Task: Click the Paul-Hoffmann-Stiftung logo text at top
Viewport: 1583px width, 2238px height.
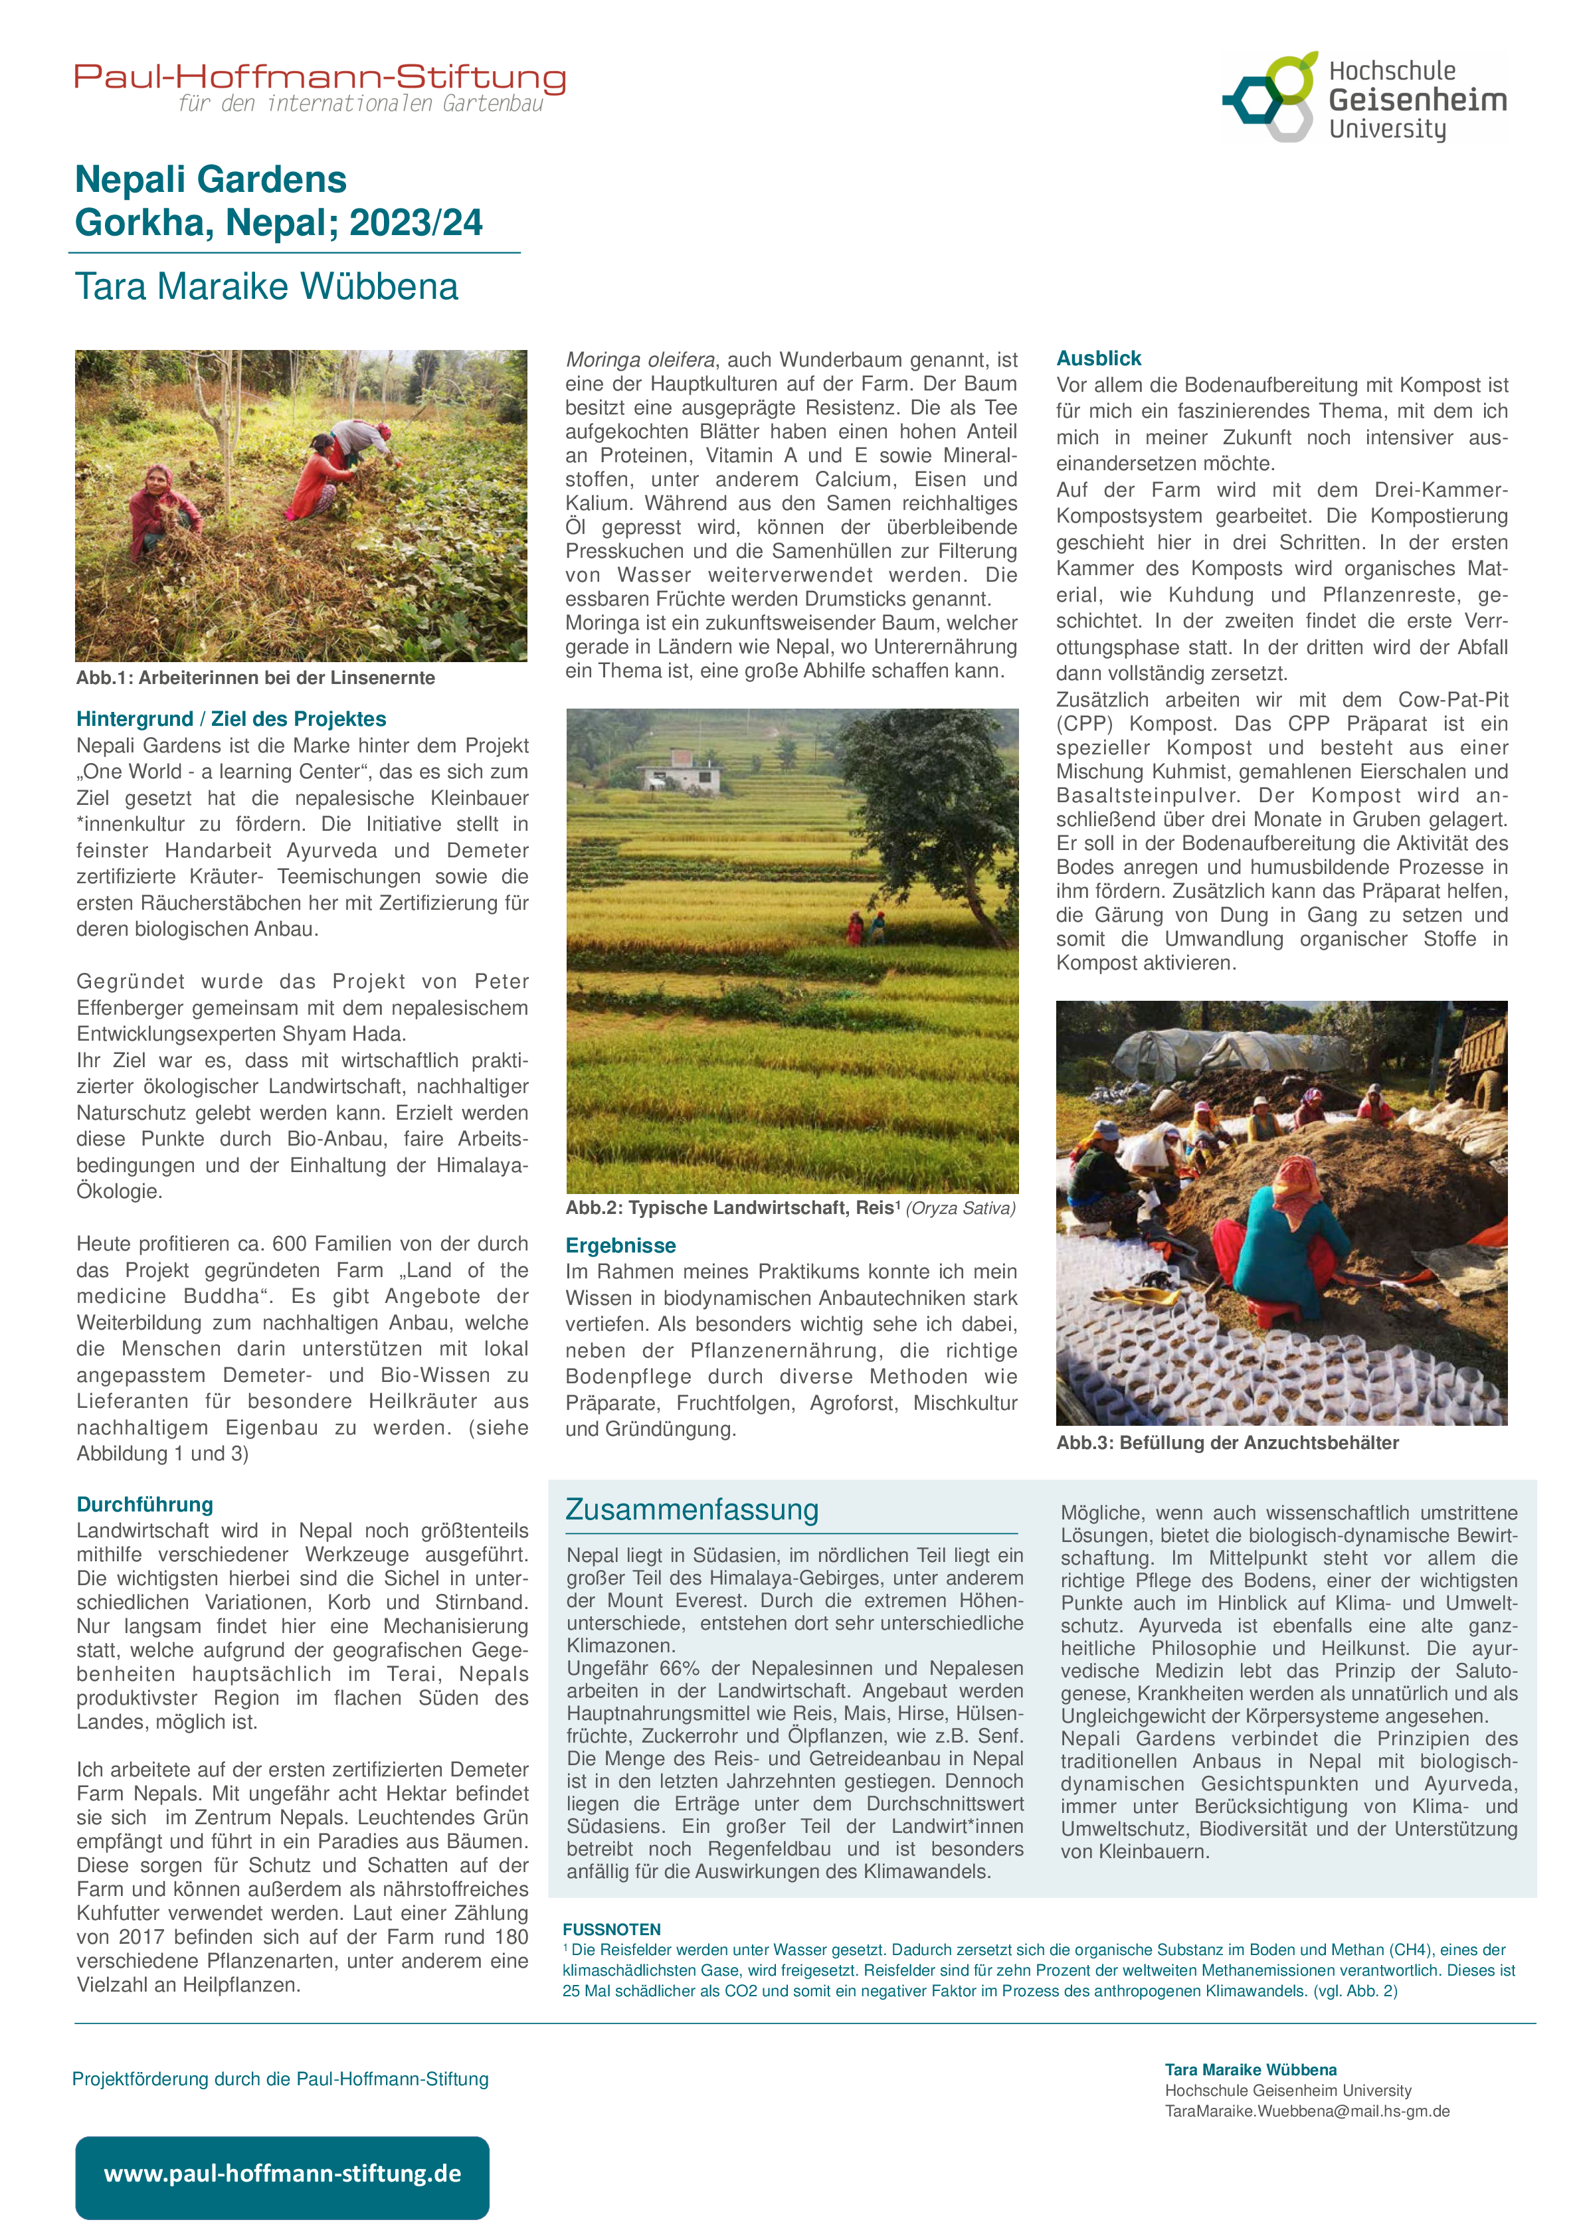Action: coord(320,78)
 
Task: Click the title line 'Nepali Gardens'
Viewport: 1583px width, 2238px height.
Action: coord(211,179)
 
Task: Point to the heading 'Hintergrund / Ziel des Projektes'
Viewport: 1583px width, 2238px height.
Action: coord(231,719)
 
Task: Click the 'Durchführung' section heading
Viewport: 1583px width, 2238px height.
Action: coord(144,1504)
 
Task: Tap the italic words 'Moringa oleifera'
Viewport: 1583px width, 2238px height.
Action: coord(640,360)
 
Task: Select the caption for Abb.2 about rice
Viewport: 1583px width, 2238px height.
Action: coord(790,1208)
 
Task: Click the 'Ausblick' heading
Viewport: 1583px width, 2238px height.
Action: coord(1099,358)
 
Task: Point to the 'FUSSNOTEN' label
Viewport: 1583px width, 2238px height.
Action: coord(611,1929)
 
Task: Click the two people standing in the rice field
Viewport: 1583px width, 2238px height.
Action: coord(866,925)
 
